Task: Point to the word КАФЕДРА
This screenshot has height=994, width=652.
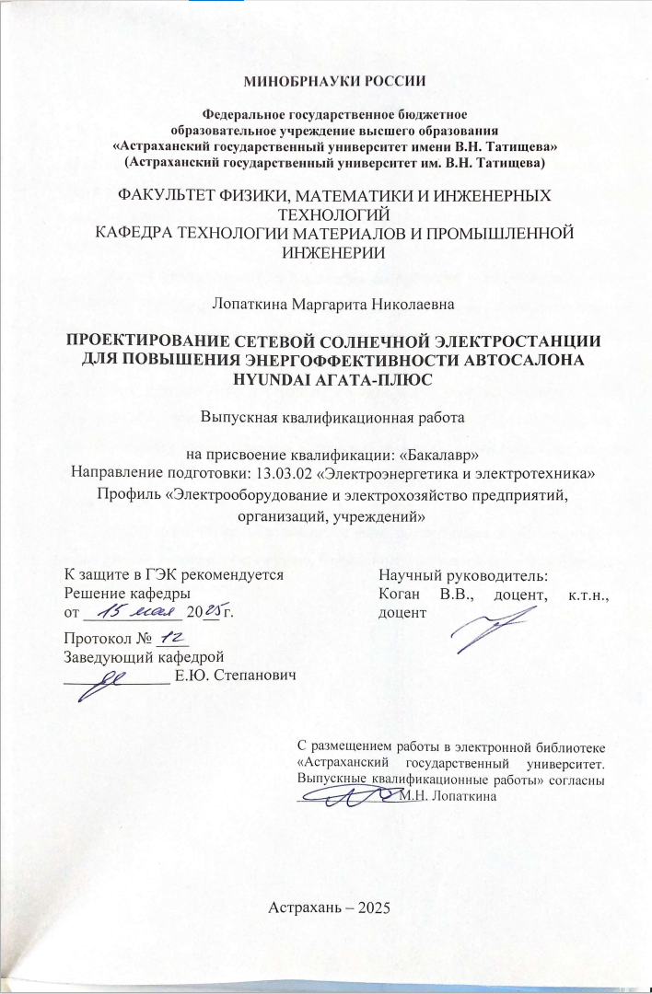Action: [x=140, y=231]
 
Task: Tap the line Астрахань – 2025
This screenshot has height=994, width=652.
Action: [x=330, y=907]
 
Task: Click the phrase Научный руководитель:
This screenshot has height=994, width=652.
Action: [x=462, y=576]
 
